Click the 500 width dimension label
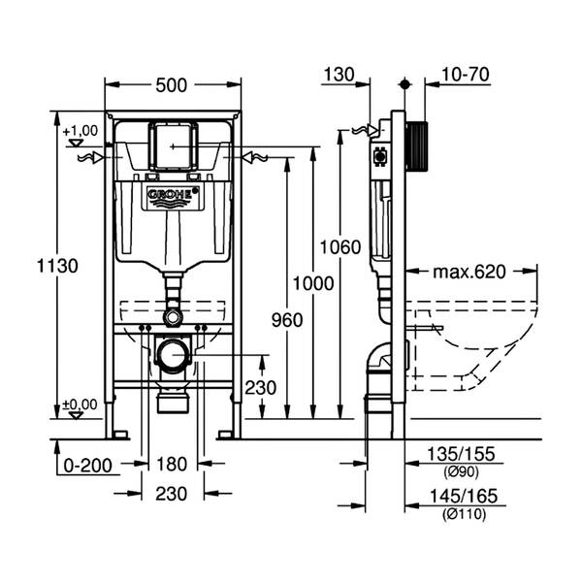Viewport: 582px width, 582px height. pyautogui.click(x=171, y=85)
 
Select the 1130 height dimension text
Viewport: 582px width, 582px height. pyautogui.click(x=57, y=266)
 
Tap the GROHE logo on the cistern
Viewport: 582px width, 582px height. pyautogui.click(x=173, y=197)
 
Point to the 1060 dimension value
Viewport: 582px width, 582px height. pyautogui.click(x=340, y=247)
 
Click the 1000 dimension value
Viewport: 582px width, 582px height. pyautogui.click(x=313, y=283)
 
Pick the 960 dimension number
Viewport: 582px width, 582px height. pyautogui.click(x=287, y=320)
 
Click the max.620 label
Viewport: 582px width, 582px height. pyautogui.click(x=469, y=272)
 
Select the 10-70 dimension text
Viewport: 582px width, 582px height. pyautogui.click(x=465, y=75)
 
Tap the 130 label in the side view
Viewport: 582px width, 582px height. pyautogui.click(x=339, y=75)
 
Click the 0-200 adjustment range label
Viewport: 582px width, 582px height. pyautogui.click(x=87, y=466)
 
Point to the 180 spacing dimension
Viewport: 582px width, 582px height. pyautogui.click(x=172, y=465)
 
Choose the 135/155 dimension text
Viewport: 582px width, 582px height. pyautogui.click(x=462, y=454)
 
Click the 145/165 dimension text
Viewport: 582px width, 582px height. pyautogui.click(x=464, y=496)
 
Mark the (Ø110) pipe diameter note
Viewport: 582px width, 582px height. pyautogui.click(x=464, y=514)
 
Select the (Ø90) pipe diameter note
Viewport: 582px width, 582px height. pyautogui.click(x=462, y=472)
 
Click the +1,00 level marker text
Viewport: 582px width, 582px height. pyautogui.click(x=81, y=131)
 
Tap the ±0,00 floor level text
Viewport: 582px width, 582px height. pyautogui.click(x=80, y=404)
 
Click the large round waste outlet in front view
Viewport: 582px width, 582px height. pyautogui.click(x=173, y=355)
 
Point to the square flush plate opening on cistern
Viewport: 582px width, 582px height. pyautogui.click(x=173, y=146)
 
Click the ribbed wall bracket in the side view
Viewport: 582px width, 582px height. pyautogui.click(x=417, y=145)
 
